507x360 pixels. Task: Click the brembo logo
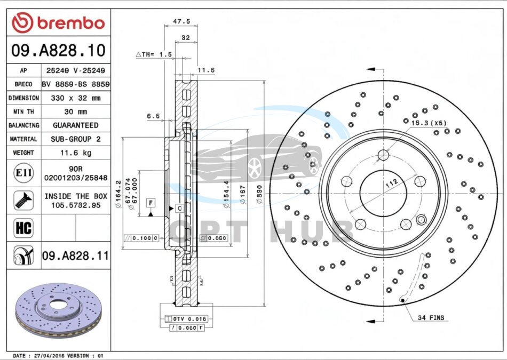[59, 22]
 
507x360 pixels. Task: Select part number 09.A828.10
[58, 51]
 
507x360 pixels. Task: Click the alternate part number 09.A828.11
[75, 256]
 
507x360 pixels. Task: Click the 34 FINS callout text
[430, 318]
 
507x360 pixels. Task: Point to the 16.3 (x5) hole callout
[428, 123]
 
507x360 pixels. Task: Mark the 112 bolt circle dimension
[392, 183]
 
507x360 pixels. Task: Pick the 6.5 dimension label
[153, 116]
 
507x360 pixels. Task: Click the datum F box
[152, 203]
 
